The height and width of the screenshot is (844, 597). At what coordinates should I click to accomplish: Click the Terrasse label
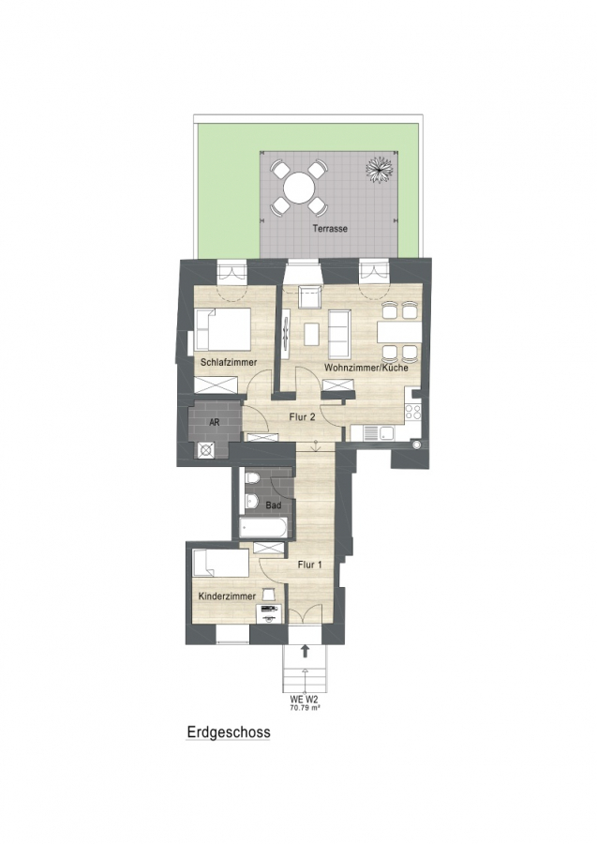pyautogui.click(x=330, y=228)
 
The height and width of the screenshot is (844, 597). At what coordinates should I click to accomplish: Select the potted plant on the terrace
pyautogui.click(x=380, y=170)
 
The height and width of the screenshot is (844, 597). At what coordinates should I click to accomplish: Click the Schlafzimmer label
pyautogui.click(x=229, y=362)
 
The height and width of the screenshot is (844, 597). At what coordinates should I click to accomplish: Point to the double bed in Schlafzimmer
pyautogui.click(x=223, y=328)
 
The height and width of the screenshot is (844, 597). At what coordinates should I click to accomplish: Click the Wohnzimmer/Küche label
pyautogui.click(x=366, y=369)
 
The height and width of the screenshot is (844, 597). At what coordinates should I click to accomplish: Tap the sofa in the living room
pyautogui.click(x=339, y=334)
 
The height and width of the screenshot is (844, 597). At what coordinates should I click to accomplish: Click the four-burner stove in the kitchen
pyautogui.click(x=413, y=413)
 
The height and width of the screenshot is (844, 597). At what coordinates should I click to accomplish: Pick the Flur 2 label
pyautogui.click(x=302, y=416)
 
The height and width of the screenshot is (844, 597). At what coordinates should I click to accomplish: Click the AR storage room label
pyautogui.click(x=214, y=423)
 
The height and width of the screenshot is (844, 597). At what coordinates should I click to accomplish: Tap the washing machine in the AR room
pyautogui.click(x=206, y=450)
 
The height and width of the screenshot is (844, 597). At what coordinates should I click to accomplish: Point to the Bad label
pyautogui.click(x=274, y=505)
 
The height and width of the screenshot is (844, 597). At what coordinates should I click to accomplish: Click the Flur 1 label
pyautogui.click(x=310, y=565)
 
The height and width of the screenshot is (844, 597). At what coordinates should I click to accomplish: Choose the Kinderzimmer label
pyautogui.click(x=227, y=596)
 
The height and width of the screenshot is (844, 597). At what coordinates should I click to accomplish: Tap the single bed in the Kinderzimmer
pyautogui.click(x=220, y=563)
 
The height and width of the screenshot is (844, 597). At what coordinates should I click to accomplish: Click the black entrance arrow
pyautogui.click(x=305, y=651)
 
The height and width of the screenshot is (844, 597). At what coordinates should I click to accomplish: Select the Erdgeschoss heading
pyautogui.click(x=229, y=732)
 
